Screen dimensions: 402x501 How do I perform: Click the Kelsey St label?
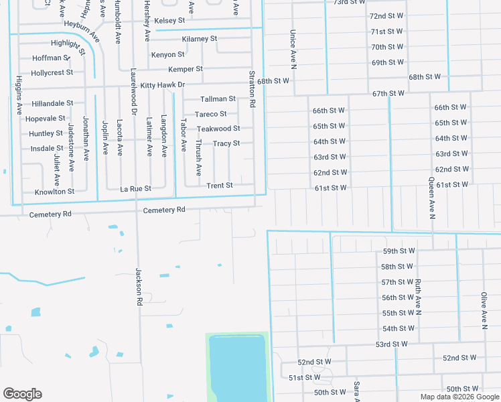[x=169, y=21]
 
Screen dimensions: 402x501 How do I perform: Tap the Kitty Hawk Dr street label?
[x=162, y=85]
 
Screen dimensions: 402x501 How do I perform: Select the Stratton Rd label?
[x=252, y=90]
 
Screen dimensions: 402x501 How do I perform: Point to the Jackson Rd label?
[x=139, y=287]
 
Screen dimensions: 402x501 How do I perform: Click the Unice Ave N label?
[x=293, y=49]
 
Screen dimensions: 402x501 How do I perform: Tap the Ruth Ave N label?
[x=417, y=297]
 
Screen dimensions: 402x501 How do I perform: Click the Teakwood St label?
[x=218, y=129]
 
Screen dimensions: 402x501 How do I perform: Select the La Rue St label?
[x=136, y=189]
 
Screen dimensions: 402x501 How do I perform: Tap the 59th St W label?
[x=399, y=251]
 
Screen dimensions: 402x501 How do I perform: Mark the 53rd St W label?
[x=391, y=344]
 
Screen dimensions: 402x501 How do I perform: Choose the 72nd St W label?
[x=386, y=15]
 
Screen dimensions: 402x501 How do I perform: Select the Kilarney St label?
[x=200, y=39]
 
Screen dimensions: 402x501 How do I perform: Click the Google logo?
[x=22, y=394]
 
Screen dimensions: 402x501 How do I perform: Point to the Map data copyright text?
[x=459, y=397]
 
